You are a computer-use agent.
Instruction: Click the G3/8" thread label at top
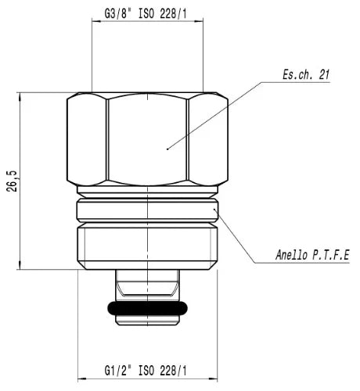pos(146,14)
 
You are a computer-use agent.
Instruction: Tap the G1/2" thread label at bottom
pos(146,371)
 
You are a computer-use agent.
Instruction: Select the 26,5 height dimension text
pos(12,181)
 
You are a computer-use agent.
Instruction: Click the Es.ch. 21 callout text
pos(306,74)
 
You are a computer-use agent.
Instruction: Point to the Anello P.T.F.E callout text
pos(312,255)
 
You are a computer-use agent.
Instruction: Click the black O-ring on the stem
pos(147,308)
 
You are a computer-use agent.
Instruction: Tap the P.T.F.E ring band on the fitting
pos(147,210)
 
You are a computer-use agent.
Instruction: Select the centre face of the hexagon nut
pos(147,140)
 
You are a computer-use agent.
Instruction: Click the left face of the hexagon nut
pos(87,140)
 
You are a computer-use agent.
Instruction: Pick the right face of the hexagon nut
pos(208,140)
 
